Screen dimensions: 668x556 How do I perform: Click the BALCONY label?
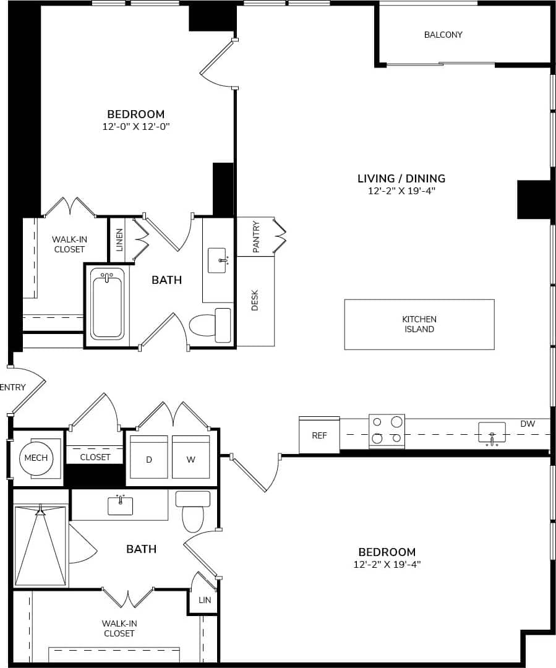443,35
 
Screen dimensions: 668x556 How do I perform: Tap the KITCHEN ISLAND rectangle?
419,324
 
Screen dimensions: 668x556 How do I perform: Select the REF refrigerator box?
319,435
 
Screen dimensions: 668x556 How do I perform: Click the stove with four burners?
387,431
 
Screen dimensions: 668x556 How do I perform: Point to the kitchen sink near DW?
492,432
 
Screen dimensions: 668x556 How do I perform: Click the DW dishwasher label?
527,424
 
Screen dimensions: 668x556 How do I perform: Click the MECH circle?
36,458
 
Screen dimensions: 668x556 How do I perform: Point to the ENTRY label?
13,388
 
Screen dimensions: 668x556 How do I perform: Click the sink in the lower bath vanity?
120,505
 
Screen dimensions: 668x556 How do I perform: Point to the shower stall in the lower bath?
40,547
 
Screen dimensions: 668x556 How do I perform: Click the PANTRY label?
256,236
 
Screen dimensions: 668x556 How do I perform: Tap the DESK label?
255,301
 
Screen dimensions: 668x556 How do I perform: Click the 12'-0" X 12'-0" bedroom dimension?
136,127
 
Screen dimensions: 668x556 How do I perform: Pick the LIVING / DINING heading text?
401,178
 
